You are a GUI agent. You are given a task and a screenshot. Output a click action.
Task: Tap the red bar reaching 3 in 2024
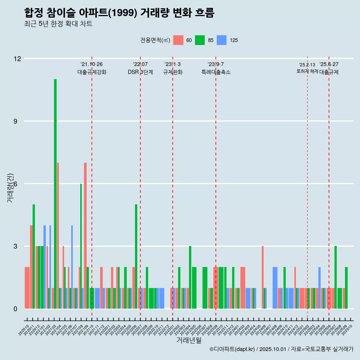262,277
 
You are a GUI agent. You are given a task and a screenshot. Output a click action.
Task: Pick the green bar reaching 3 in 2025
336,277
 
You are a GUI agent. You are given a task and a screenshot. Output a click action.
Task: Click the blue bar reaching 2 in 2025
319,287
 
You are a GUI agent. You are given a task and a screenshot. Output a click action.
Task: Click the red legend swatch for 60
178,40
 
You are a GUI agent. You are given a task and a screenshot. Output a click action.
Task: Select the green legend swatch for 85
200,40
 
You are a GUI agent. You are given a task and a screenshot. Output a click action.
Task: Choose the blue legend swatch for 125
222,40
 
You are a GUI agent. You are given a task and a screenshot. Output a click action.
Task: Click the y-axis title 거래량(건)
10,188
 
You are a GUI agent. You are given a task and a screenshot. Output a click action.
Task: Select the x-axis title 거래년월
189,340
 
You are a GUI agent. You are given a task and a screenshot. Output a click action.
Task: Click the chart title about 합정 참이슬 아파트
119,13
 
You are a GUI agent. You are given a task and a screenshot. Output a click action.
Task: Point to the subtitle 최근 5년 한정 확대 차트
58,24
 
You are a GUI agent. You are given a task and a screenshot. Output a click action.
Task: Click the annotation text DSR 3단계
140,72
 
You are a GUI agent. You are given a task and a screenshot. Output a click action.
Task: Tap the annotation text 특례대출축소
216,72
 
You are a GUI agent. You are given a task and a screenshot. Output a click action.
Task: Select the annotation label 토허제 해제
307,71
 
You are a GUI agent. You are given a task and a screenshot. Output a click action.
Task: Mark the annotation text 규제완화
172,72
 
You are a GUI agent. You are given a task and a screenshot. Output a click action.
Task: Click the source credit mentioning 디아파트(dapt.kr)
281,349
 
